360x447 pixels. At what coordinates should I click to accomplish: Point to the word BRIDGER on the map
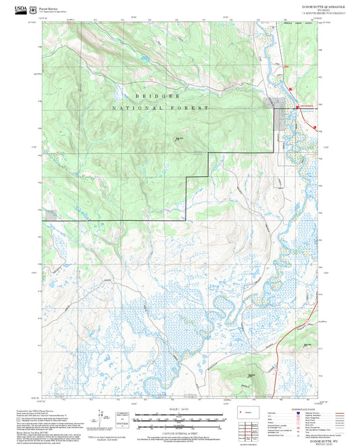click(157, 97)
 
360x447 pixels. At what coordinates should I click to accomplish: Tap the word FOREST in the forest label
click(193, 108)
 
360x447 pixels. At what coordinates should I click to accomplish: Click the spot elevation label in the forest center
click(179, 139)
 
